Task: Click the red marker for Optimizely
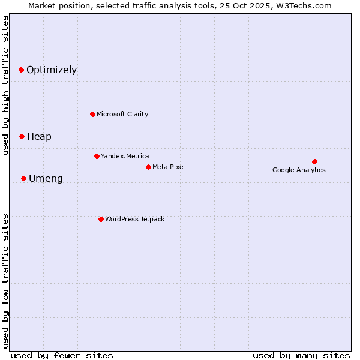21,70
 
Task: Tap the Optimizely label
52,70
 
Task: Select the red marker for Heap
22,136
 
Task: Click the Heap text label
39,137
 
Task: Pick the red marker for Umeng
23,178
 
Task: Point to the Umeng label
46,179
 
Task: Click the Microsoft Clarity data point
92,114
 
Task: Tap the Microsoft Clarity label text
122,115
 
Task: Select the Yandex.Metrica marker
97,156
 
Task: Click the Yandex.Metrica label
125,157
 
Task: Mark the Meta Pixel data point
148,167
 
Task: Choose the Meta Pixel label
169,167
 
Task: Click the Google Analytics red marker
314,161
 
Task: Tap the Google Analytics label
299,170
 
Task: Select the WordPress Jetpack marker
101,219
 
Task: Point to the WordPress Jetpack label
134,220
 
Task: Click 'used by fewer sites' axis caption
62,356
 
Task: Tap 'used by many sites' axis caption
301,356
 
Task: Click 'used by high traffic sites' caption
5,85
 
